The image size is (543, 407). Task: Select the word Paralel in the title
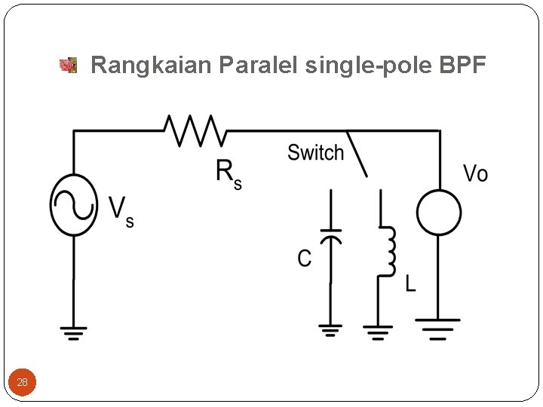pos(259,66)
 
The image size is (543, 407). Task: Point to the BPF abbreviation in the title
pos(462,66)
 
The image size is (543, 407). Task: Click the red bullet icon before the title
pos(69,66)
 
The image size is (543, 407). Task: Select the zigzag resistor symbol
pos(195,130)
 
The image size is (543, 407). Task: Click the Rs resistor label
pos(228,173)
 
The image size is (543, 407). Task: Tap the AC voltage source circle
pos(73,205)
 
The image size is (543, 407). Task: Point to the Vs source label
pos(121,211)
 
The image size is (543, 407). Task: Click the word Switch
pos(315,153)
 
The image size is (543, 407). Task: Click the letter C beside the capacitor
pos(304,259)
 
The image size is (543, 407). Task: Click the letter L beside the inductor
pos(410,284)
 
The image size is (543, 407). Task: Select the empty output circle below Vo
pos(439,212)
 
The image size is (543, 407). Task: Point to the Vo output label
pos(475,174)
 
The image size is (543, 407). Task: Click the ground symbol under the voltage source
pos(73,332)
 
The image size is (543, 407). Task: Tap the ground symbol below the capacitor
pos(330,330)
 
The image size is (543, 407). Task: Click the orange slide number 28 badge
pos(22,382)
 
